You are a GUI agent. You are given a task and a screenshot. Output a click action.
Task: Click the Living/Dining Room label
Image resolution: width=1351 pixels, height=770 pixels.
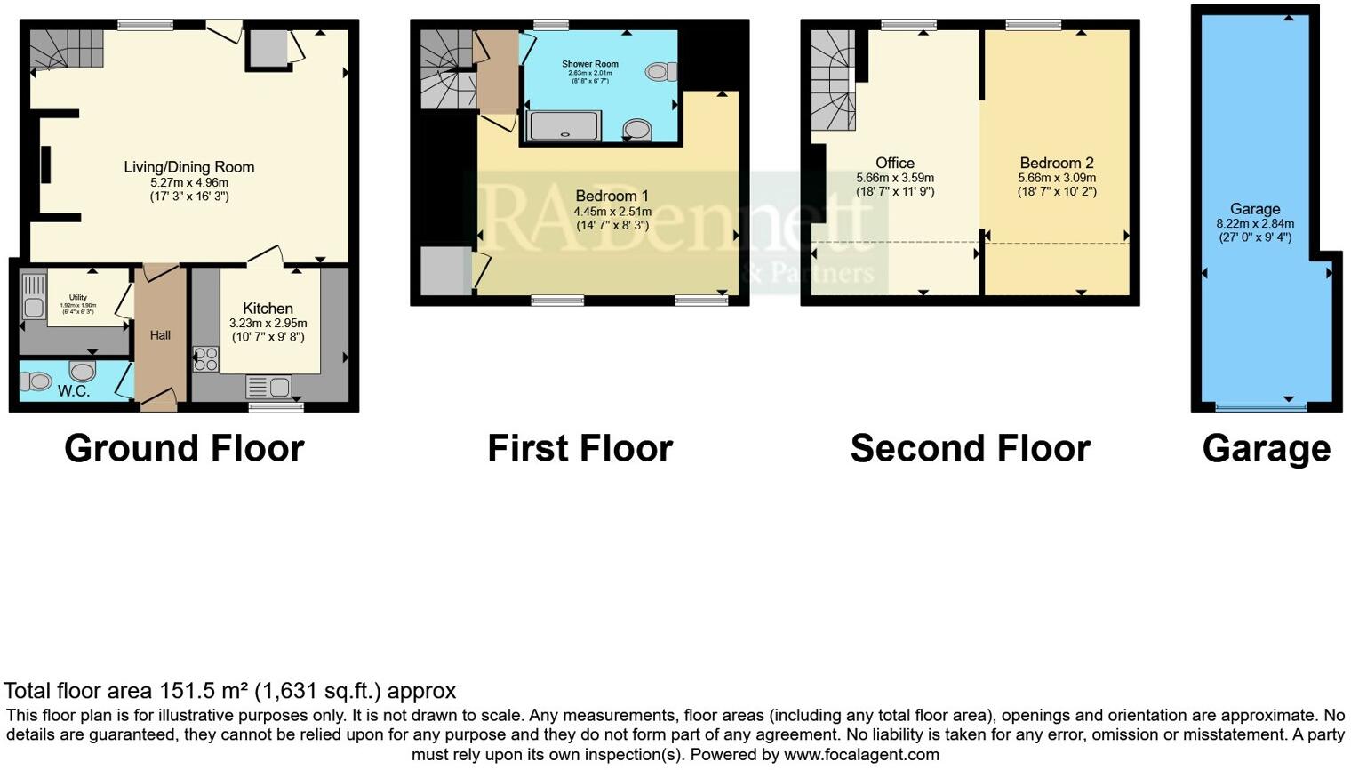pos(188,167)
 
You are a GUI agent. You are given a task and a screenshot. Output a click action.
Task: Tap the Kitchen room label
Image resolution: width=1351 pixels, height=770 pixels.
pos(268,309)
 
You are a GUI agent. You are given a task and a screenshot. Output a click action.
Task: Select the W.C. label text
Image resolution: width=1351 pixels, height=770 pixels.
pos(74,390)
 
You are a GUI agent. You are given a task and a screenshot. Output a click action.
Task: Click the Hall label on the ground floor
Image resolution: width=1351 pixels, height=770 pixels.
pos(160,335)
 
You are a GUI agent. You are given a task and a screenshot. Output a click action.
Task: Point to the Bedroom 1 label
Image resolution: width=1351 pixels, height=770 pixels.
pos(612,196)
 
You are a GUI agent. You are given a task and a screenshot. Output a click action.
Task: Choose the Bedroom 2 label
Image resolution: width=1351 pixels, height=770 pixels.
pos(1057,163)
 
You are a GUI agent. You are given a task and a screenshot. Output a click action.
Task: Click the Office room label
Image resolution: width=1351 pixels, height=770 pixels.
pos(894,163)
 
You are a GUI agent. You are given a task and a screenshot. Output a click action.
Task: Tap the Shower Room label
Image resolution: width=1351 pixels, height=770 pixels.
pos(589,64)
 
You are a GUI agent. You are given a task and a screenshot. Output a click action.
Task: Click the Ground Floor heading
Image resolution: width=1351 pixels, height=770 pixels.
pos(184,448)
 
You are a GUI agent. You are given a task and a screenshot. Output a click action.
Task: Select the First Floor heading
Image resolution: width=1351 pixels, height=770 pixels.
pos(580,448)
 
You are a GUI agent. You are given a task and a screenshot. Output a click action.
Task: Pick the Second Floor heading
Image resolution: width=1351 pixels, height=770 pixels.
pos(970,448)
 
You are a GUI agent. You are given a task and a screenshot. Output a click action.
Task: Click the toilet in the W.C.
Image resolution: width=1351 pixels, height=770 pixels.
pos(38,381)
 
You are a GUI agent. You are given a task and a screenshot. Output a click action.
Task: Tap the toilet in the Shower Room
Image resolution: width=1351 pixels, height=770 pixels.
pos(661,71)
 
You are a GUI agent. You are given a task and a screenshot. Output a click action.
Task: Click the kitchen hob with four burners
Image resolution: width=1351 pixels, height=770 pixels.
pos(205,358)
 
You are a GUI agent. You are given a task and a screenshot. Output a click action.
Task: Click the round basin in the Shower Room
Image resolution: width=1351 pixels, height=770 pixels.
pos(636,131)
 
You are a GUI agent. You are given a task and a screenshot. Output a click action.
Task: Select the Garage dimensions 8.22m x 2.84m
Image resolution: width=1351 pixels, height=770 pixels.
pos(1255,224)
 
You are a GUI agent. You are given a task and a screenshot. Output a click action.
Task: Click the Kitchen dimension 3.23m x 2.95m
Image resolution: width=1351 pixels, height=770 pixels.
pos(268,324)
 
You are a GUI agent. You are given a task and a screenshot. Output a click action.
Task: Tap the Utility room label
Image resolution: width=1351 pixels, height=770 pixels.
pos(78,298)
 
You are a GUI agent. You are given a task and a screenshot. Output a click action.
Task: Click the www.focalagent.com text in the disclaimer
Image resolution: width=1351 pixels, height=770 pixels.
pos(860,755)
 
